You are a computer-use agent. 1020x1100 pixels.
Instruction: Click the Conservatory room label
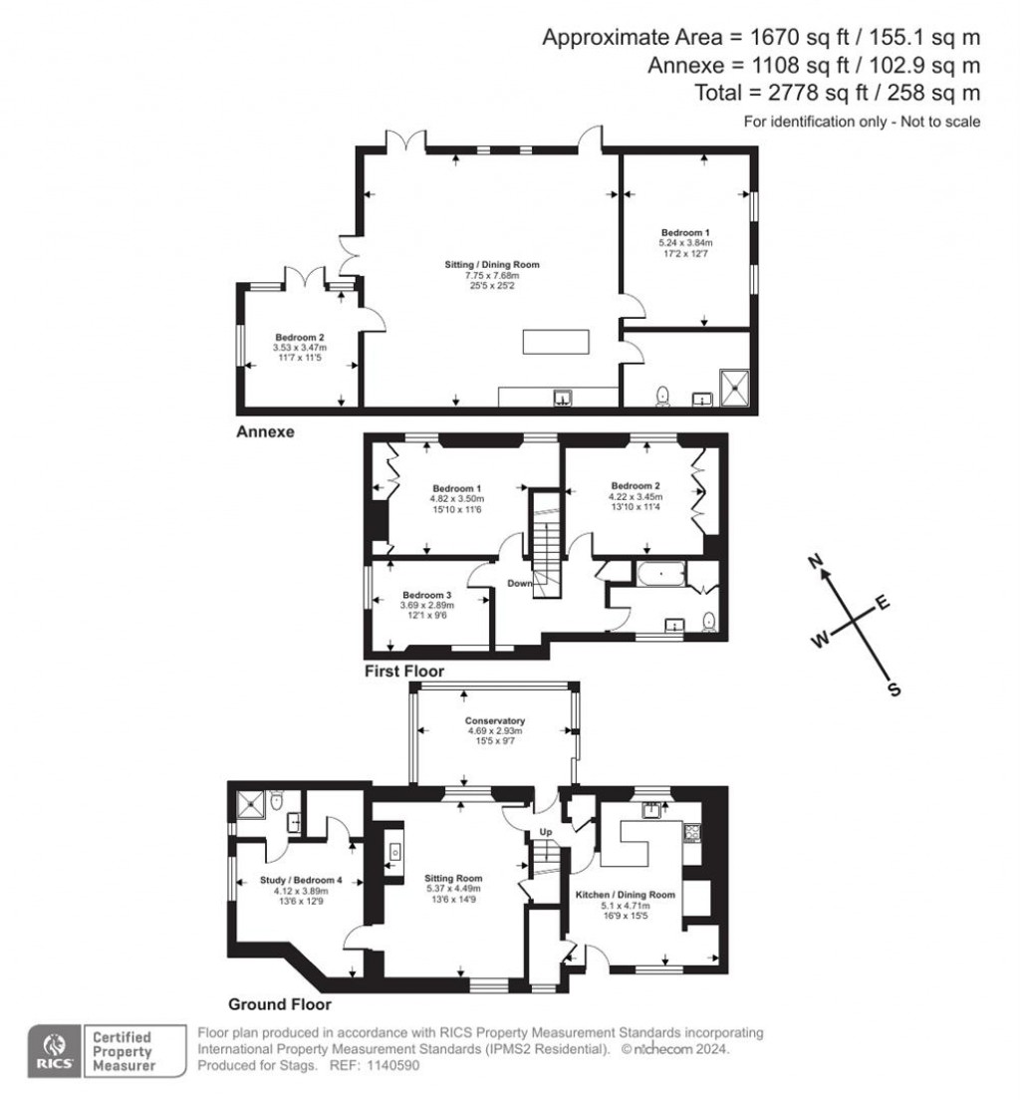[x=494, y=720]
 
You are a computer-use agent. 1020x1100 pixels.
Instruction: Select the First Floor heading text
[x=403, y=672]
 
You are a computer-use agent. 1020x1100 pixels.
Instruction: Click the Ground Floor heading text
[x=280, y=1004]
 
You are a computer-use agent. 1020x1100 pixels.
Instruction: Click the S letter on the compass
[x=893, y=688]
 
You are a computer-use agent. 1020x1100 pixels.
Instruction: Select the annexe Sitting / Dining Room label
[x=491, y=265]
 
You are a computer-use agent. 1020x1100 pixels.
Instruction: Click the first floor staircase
[x=546, y=545]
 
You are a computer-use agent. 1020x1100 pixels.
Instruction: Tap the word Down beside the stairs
[x=519, y=583]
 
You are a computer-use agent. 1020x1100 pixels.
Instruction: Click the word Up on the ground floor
[x=545, y=831]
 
